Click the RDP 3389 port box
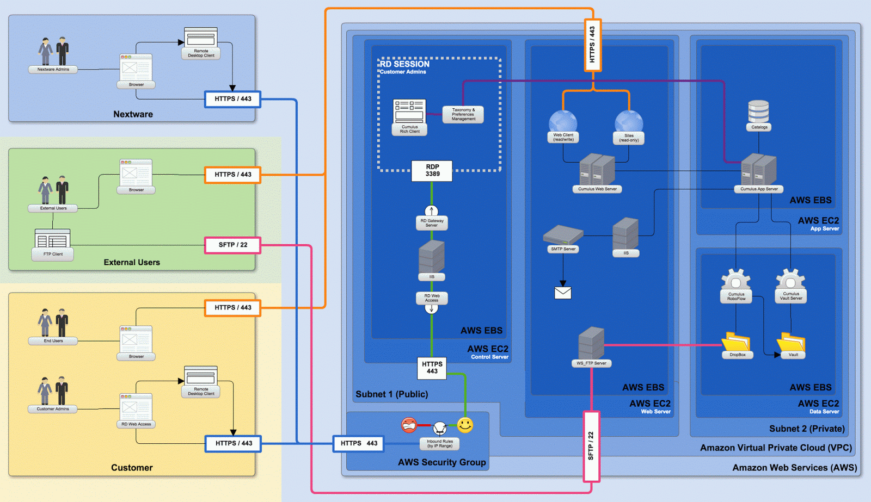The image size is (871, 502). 432,170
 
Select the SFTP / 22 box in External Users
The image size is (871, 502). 232,245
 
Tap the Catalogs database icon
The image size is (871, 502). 758,111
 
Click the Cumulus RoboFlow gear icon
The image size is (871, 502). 736,280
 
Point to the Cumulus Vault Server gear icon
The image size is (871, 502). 790,280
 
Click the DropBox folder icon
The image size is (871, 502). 736,342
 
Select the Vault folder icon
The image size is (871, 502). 791,342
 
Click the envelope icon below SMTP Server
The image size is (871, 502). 563,293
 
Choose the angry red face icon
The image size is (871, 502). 409,425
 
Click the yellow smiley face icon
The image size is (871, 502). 465,425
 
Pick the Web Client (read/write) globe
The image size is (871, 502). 563,121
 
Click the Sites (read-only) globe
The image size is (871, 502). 629,121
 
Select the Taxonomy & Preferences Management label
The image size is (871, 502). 463,114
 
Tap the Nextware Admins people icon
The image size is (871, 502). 54,52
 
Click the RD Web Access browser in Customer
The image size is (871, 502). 136,407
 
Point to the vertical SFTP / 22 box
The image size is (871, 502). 591,446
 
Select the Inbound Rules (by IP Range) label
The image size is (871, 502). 440,444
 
